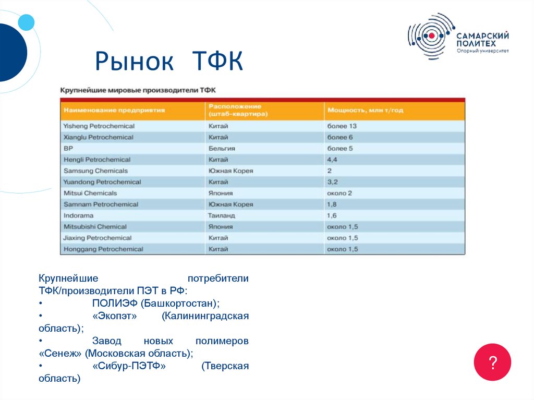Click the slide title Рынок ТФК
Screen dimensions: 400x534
click(169, 62)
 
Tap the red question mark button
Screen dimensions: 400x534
click(492, 362)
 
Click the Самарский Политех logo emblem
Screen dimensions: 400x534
click(431, 36)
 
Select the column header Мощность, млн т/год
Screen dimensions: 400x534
click(365, 110)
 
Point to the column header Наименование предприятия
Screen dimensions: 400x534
click(114, 110)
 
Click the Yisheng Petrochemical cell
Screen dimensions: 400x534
click(99, 126)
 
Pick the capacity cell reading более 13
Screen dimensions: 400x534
click(342, 126)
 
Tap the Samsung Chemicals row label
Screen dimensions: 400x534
click(95, 171)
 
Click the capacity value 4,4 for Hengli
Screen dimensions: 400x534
click(332, 160)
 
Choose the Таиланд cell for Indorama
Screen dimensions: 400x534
click(222, 215)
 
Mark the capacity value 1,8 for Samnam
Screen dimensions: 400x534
click(332, 204)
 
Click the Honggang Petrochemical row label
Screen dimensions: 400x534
click(103, 249)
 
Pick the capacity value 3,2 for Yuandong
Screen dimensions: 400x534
click(332, 182)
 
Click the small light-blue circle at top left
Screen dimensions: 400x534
click(26, 22)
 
